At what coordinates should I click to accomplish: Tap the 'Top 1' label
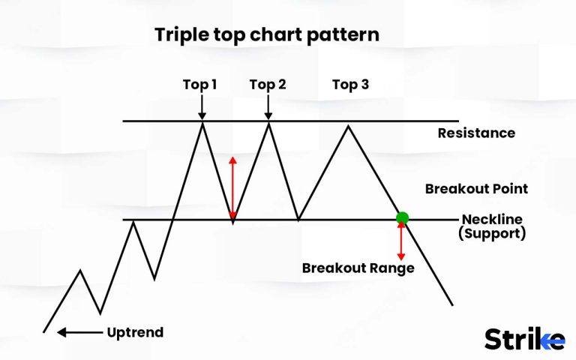coord(200,84)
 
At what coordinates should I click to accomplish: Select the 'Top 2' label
coord(268,84)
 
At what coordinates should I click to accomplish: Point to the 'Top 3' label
coord(350,84)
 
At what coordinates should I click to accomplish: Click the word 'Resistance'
coord(476,133)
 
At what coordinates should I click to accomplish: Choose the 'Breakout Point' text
coord(476,189)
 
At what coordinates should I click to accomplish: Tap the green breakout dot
coord(402,218)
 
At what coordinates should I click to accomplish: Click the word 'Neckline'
coord(493,219)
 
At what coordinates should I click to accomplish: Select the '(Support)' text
coord(493,233)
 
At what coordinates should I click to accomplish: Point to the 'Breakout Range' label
coord(358,268)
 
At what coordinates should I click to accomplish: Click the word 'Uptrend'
coord(135,332)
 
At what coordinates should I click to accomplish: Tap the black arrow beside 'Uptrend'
coord(79,331)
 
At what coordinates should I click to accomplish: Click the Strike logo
coord(523,338)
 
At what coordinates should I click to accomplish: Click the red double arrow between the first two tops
coord(232,187)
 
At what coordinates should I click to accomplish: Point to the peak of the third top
coord(347,125)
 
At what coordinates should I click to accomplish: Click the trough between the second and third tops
coord(298,219)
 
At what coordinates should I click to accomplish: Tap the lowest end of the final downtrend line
coord(452,304)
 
